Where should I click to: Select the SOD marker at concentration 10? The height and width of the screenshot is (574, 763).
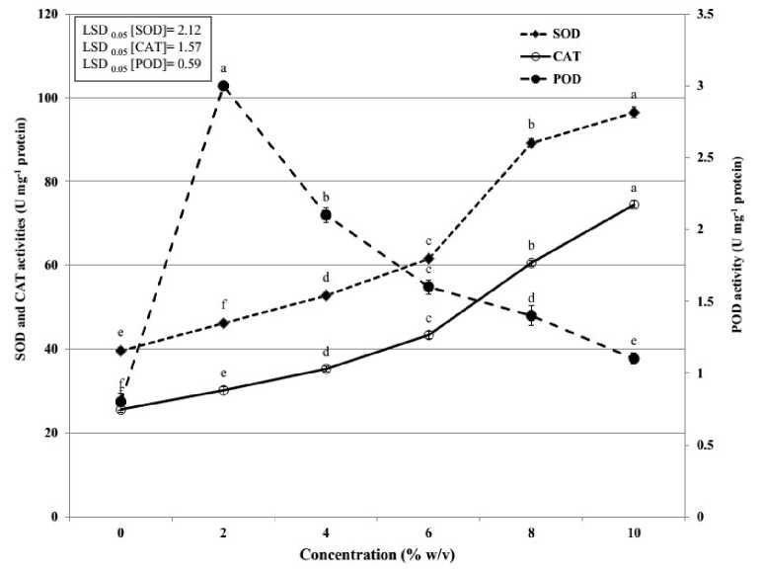pyautogui.click(x=634, y=113)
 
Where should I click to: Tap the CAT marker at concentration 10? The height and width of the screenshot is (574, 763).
pyautogui.click(x=634, y=205)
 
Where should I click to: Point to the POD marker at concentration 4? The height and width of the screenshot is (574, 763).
pyautogui.click(x=326, y=214)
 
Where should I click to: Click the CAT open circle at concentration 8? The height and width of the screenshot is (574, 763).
pyautogui.click(x=531, y=263)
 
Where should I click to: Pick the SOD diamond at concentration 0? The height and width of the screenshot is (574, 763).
pyautogui.click(x=120, y=351)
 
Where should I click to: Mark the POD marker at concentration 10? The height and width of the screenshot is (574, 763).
pyautogui.click(x=634, y=359)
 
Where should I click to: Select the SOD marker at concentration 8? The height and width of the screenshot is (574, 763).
pyautogui.click(x=531, y=143)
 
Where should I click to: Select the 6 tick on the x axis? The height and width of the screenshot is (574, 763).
pyautogui.click(x=428, y=533)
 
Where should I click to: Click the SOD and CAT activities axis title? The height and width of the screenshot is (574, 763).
pyautogui.click(x=19, y=265)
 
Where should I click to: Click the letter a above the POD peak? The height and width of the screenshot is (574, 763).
pyautogui.click(x=224, y=69)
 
